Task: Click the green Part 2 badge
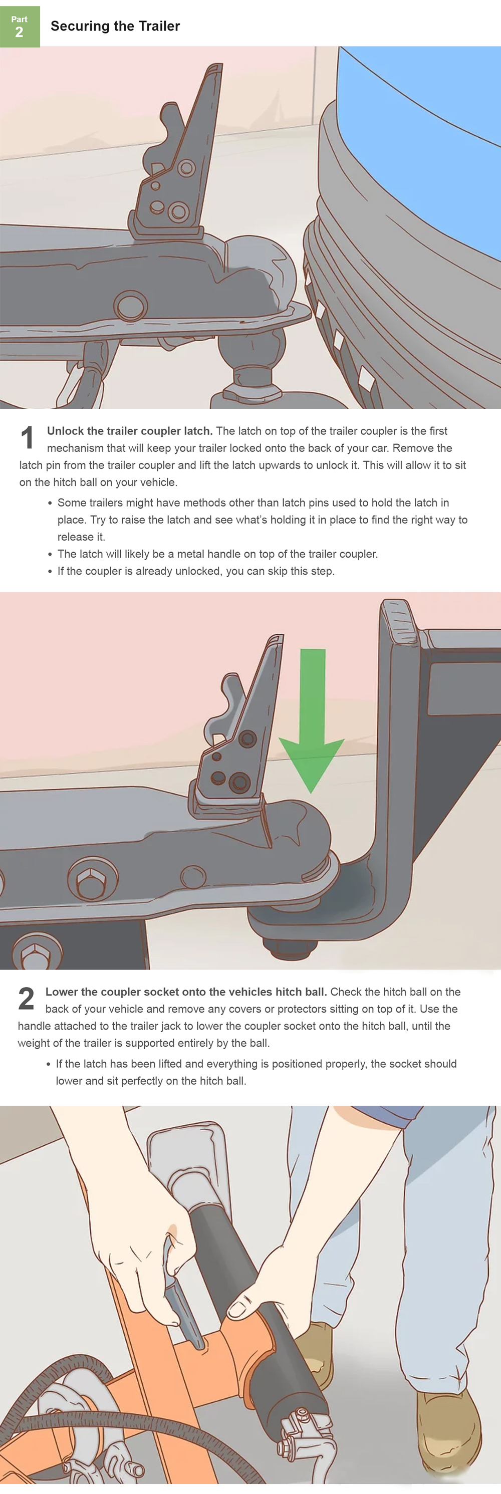pos(20,27)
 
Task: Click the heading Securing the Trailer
pos(115,26)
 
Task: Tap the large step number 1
pos(27,437)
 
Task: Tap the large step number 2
pos(26,998)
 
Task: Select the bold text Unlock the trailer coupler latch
pos(130,431)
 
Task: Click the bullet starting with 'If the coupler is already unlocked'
pos(196,571)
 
